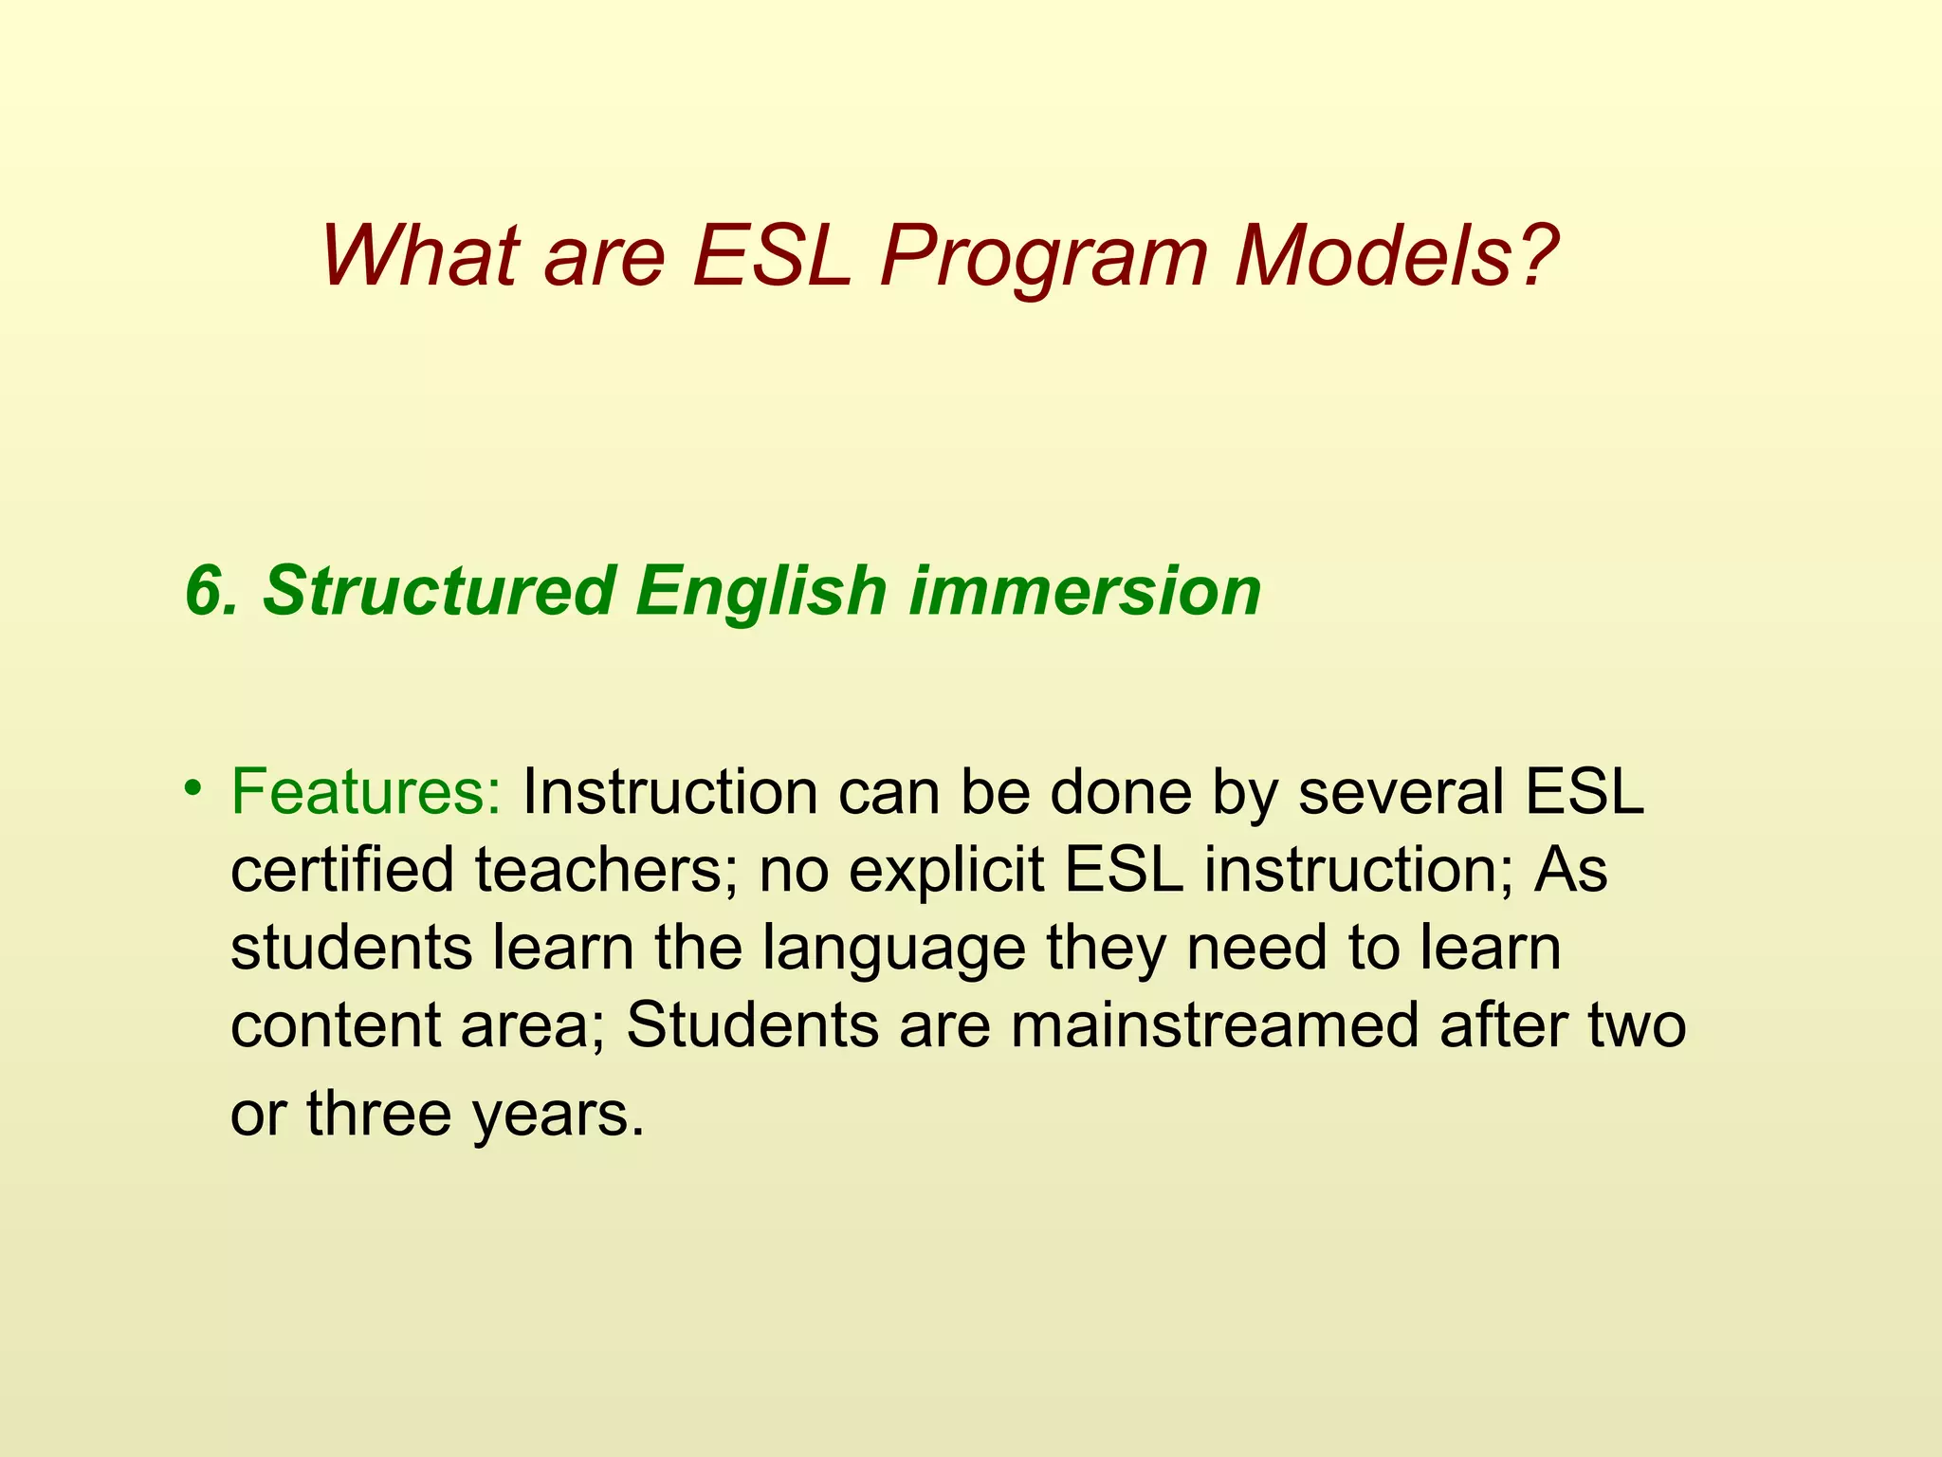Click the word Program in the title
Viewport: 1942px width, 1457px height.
pos(1043,258)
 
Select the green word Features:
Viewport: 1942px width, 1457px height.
pos(366,792)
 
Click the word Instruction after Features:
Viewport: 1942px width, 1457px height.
pos(669,792)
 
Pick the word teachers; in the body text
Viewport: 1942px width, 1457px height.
pos(606,870)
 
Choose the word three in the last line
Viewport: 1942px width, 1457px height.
pos(378,1114)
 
